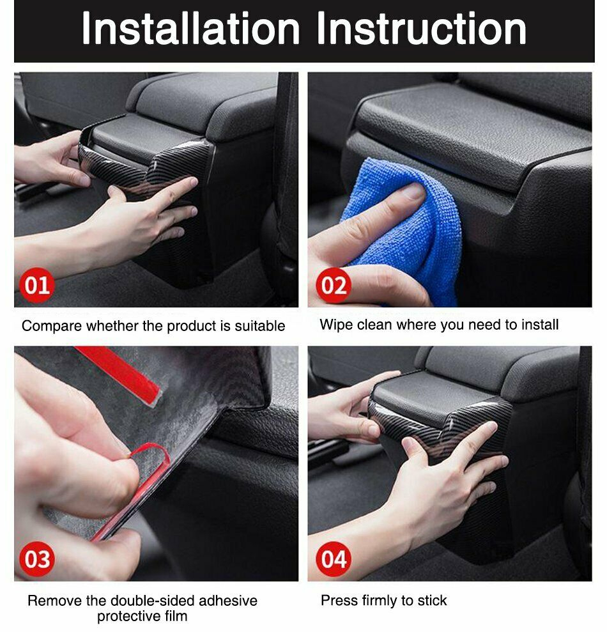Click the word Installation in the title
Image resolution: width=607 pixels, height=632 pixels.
tap(190, 28)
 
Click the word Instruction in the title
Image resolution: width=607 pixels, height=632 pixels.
tap(422, 28)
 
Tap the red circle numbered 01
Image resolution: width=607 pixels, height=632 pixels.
tap(36, 285)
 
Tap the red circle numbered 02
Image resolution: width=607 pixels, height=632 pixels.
tap(334, 285)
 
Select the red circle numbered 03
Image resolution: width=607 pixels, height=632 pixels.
tap(36, 559)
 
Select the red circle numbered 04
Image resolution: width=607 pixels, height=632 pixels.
tap(334, 559)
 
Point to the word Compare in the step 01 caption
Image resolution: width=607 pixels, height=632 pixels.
tap(52, 326)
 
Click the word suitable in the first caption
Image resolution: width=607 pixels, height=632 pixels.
tap(259, 326)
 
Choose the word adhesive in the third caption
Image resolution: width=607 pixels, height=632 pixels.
tap(228, 601)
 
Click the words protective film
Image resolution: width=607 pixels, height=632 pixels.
tap(142, 616)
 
